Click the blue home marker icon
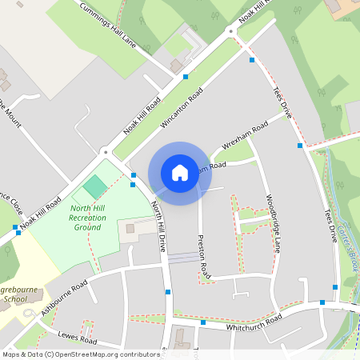pyautogui.click(x=180, y=172)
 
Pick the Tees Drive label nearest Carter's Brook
pyautogui.click(x=330, y=226)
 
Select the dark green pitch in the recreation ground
pyautogui.click(x=95, y=187)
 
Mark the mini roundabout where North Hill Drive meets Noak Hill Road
pyautogui.click(x=105, y=150)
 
